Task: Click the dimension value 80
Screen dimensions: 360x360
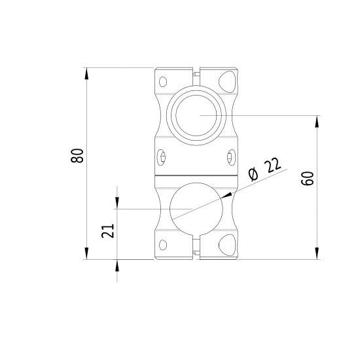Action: tap(78, 156)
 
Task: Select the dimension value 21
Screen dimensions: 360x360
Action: tap(109, 230)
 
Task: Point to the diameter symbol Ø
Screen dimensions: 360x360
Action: tap(253, 175)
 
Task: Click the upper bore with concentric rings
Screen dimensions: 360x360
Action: tap(196, 115)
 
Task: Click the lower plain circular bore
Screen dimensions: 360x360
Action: tap(196, 210)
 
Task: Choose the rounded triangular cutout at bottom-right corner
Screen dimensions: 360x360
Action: tap(227, 245)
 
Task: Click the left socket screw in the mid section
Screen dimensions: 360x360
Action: tap(162, 156)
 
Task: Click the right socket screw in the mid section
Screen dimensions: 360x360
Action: tap(230, 156)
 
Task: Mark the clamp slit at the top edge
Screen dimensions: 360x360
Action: tap(196, 71)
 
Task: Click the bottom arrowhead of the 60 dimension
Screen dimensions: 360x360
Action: tap(317, 254)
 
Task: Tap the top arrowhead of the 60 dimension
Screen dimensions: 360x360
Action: tap(317, 121)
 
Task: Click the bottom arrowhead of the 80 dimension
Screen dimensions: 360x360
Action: tap(86, 254)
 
